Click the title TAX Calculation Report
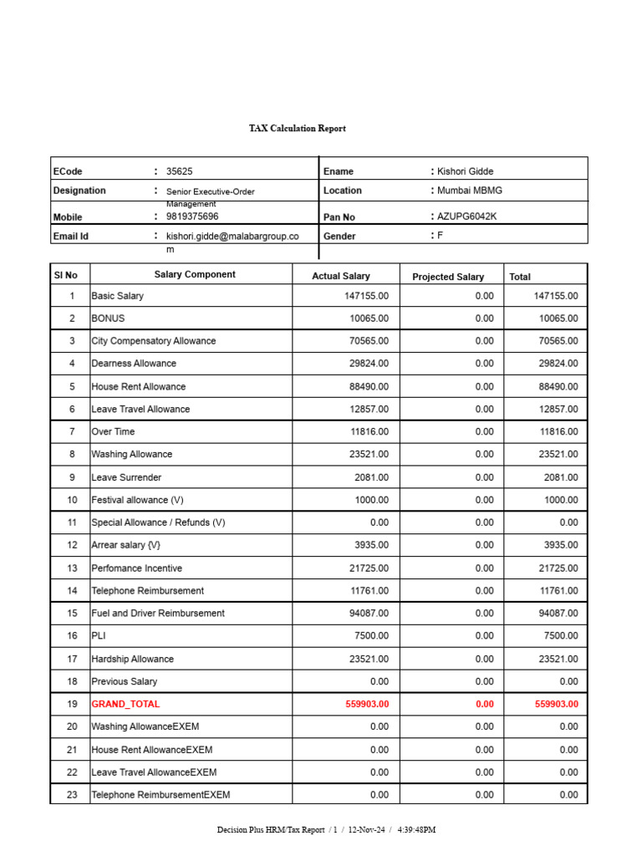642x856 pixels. pyautogui.click(x=297, y=129)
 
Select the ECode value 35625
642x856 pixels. pyautogui.click(x=179, y=171)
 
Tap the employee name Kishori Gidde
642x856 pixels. pyautogui.click(x=466, y=171)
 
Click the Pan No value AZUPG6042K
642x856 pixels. pyautogui.click(x=467, y=217)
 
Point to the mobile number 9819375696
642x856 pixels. pyautogui.click(x=192, y=217)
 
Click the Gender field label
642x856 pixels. pyautogui.click(x=339, y=237)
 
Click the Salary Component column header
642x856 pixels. pyautogui.click(x=195, y=274)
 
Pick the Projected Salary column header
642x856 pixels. pyautogui.click(x=447, y=277)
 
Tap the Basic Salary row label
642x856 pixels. pyautogui.click(x=118, y=296)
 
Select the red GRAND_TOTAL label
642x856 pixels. pyautogui.click(x=125, y=704)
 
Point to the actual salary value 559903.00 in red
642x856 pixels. pyautogui.click(x=367, y=704)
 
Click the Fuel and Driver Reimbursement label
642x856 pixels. pyautogui.click(x=158, y=613)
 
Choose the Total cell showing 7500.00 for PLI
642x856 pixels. pyautogui.click(x=558, y=636)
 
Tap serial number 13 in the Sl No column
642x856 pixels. pyautogui.click(x=72, y=568)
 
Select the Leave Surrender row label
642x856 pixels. pyautogui.click(x=126, y=477)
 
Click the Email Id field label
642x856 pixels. pyautogui.click(x=71, y=237)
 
